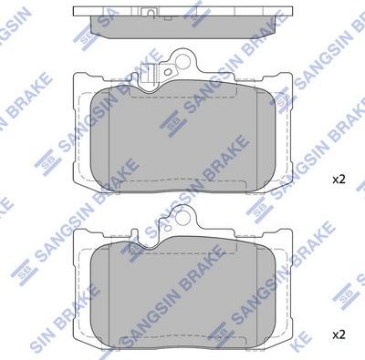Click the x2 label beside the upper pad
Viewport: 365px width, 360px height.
339,180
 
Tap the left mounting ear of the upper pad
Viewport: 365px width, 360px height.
80,87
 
